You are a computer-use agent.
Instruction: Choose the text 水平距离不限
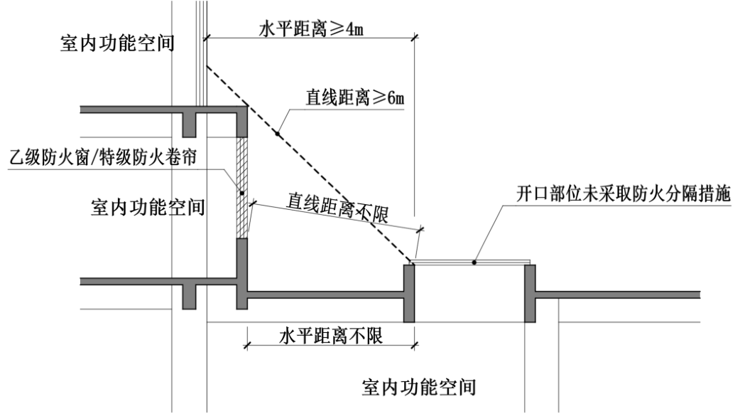coord(330,334)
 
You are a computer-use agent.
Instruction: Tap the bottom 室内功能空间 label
coord(418,388)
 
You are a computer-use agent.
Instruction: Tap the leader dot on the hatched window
coord(242,193)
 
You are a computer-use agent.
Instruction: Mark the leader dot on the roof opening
coord(474,262)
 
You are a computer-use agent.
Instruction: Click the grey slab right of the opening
coord(618,294)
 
